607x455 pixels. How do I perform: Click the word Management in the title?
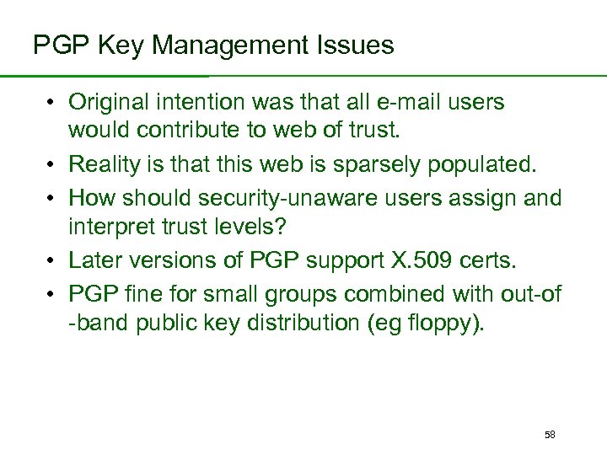pos(224,45)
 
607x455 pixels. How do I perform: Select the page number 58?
pos(550,435)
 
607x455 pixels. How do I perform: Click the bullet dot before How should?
pos(51,198)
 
